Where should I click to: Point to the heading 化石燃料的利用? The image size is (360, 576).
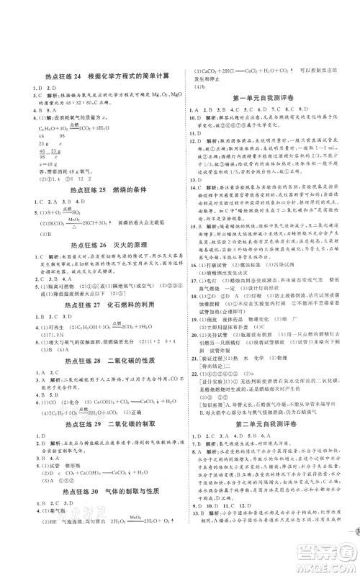133,311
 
